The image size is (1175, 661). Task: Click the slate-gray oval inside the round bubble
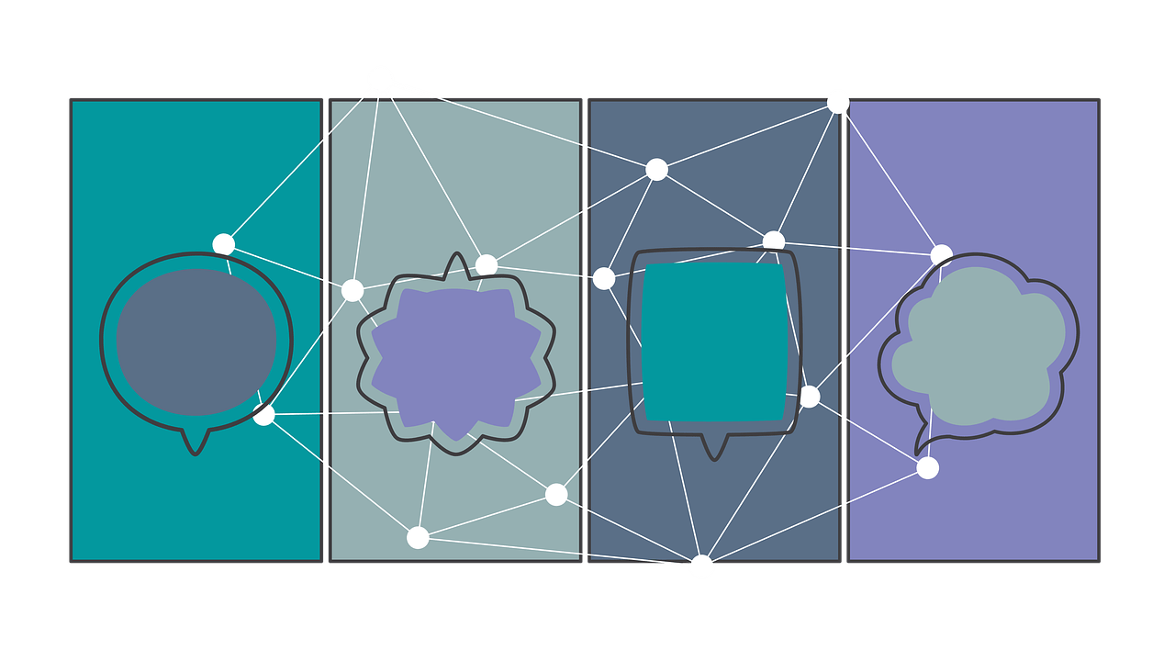pyautogui.click(x=196, y=342)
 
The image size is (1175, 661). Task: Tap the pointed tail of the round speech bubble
pyautogui.click(x=195, y=443)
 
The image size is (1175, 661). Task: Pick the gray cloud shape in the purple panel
pyautogui.click(x=979, y=345)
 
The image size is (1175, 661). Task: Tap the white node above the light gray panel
pyautogui.click(x=381, y=79)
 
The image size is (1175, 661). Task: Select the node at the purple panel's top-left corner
pyautogui.click(x=838, y=102)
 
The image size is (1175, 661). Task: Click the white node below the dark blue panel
pyautogui.click(x=701, y=566)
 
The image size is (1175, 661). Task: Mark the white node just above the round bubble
pyautogui.click(x=224, y=244)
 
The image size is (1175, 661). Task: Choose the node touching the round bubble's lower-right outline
pyautogui.click(x=264, y=415)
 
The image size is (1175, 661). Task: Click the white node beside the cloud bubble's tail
pyautogui.click(x=928, y=468)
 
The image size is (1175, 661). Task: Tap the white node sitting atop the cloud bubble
pyautogui.click(x=942, y=254)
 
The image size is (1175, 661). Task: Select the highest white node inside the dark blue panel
pyautogui.click(x=656, y=169)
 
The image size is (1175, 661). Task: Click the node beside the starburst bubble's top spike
pyautogui.click(x=487, y=265)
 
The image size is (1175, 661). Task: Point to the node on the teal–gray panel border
pyautogui.click(x=352, y=290)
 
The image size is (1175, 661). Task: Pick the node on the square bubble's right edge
pyautogui.click(x=809, y=397)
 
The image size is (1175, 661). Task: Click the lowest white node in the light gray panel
pyautogui.click(x=418, y=537)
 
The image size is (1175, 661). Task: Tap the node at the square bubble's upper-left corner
pyautogui.click(x=604, y=278)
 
